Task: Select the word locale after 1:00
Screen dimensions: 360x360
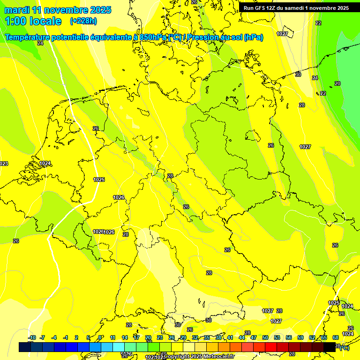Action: pyautogui.click(x=44, y=21)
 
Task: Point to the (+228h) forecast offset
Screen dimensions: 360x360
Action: pyautogui.click(x=83, y=21)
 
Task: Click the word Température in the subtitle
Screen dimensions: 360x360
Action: pyautogui.click(x=29, y=37)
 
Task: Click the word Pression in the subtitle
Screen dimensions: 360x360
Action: pyautogui.click(x=210, y=37)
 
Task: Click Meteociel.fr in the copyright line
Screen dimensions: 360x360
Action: pyautogui.click(x=219, y=356)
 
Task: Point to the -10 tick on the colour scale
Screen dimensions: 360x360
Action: pyautogui.click(x=32, y=337)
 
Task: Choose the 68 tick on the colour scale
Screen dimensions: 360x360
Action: pyautogui.click(x=336, y=337)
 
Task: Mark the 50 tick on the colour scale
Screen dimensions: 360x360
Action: pyautogui.click(x=265, y=337)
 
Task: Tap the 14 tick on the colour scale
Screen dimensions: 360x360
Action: pyautogui.click(x=125, y=337)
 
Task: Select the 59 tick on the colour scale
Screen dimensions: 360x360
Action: pyautogui.click(x=300, y=337)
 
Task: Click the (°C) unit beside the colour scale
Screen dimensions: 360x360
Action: pyautogui.click(x=345, y=347)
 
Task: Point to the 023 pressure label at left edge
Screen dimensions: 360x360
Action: pyautogui.click(x=4, y=164)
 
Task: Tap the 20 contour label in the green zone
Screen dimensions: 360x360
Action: pyautogui.click(x=337, y=83)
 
